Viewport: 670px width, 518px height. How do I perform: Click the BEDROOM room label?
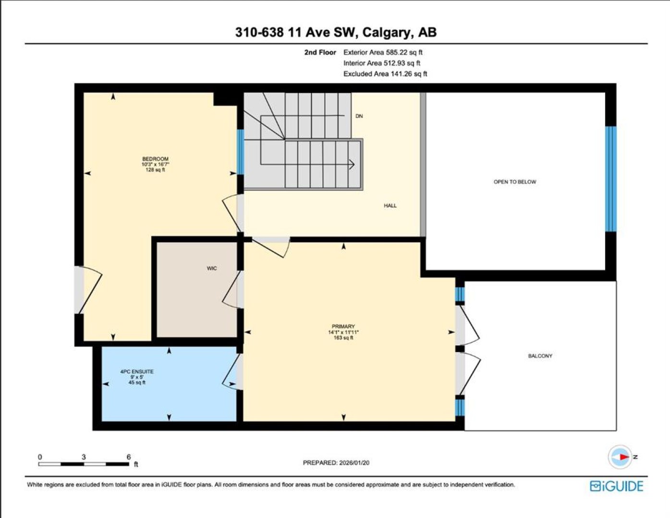156,159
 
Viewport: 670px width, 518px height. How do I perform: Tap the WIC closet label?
212,269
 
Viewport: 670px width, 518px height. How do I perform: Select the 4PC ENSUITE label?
137,372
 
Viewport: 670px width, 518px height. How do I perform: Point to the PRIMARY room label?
343,326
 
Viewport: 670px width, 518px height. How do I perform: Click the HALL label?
390,206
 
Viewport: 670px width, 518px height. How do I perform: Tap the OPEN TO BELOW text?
515,182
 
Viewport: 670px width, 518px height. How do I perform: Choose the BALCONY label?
540,356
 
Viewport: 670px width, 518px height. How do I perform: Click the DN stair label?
359,116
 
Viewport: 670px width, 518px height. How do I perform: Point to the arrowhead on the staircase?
352,165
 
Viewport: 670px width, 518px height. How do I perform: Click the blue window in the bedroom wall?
241,152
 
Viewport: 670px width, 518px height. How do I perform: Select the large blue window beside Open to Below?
610,179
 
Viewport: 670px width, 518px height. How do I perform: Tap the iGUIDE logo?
617,486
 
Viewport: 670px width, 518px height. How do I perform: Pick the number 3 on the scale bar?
84,457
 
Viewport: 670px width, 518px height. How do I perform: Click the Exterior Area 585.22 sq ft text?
383,52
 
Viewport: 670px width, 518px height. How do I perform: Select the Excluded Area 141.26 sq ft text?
385,74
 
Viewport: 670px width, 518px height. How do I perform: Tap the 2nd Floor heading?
320,52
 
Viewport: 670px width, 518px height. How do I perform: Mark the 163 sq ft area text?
343,338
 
